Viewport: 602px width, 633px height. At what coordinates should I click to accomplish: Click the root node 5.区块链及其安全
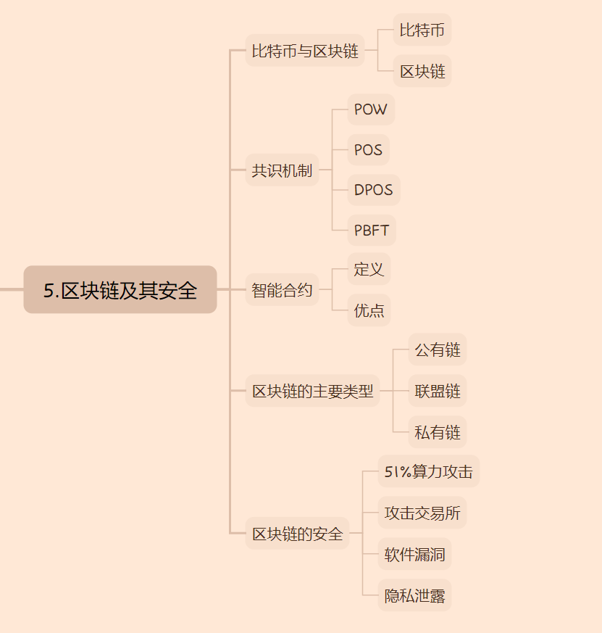click(x=120, y=290)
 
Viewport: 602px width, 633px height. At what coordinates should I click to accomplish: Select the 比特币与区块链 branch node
click(x=304, y=51)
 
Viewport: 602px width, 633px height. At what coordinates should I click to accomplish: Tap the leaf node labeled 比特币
click(x=422, y=30)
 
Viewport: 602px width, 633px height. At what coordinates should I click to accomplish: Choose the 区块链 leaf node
click(x=422, y=71)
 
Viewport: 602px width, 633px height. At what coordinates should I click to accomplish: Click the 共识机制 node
click(x=282, y=170)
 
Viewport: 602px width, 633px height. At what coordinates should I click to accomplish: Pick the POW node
click(x=371, y=109)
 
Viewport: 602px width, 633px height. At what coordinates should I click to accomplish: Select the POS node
click(x=368, y=150)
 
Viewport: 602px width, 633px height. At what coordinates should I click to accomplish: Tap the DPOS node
click(x=373, y=190)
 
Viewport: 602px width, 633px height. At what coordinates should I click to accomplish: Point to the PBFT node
click(x=371, y=231)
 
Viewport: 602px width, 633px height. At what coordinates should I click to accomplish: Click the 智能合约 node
click(x=282, y=290)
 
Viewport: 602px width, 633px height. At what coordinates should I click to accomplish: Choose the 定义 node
click(x=369, y=269)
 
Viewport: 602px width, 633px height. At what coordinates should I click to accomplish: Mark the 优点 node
click(x=369, y=310)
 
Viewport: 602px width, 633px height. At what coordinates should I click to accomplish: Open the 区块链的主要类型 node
click(x=312, y=392)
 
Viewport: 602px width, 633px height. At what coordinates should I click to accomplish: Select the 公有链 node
click(x=438, y=350)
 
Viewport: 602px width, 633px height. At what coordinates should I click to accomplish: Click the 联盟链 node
click(x=438, y=392)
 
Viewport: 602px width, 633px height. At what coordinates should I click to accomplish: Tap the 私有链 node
click(x=438, y=432)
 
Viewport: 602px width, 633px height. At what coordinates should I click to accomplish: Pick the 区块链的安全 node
click(x=297, y=534)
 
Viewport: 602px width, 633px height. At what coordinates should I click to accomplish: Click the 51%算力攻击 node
click(x=428, y=472)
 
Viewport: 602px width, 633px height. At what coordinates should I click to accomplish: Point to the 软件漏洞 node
click(x=414, y=555)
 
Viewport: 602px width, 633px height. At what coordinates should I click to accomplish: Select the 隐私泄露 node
click(x=414, y=596)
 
